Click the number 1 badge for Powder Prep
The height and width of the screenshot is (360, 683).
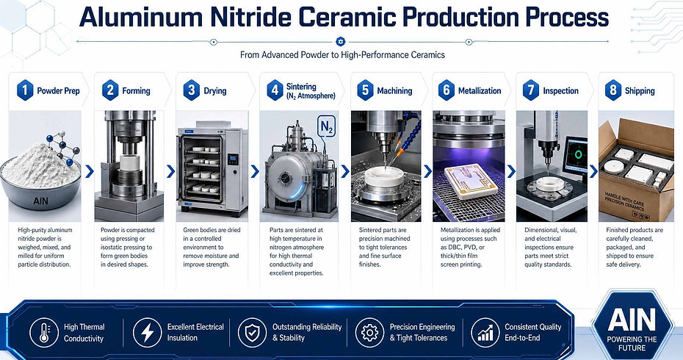pyautogui.click(x=25, y=90)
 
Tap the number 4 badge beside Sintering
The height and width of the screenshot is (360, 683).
pyautogui.click(x=275, y=90)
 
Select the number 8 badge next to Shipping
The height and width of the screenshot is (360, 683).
pyautogui.click(x=613, y=90)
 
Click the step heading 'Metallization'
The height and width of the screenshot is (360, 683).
pyautogui.click(x=480, y=90)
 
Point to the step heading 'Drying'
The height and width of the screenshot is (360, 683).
pyautogui.click(x=215, y=90)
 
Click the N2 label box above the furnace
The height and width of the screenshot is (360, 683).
pyautogui.click(x=326, y=126)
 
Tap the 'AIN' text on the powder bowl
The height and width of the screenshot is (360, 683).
pyautogui.click(x=40, y=201)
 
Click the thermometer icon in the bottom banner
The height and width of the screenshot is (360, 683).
pyautogui.click(x=44, y=332)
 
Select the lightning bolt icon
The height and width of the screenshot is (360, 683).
pyautogui.click(x=147, y=332)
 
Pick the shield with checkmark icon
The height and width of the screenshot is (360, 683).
pyautogui.click(x=252, y=332)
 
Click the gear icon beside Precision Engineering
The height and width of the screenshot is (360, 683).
pyautogui.click(x=370, y=332)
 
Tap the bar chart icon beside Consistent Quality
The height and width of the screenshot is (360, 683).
pyautogui.click(x=485, y=332)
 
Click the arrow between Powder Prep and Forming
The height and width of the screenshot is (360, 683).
pyautogui.click(x=90, y=171)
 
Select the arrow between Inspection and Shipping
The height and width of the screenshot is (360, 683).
pyautogui.click(x=593, y=171)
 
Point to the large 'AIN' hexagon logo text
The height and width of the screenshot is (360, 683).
pyautogui.click(x=632, y=320)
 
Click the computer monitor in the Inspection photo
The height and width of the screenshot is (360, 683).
pyautogui.click(x=575, y=155)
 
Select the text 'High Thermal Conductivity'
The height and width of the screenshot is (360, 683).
pyautogui.click(x=84, y=333)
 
